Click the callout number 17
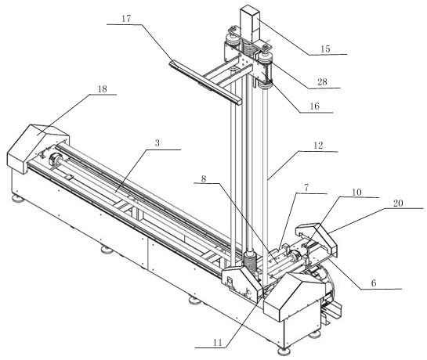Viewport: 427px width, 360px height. tap(126, 19)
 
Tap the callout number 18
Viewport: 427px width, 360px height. tap(103, 89)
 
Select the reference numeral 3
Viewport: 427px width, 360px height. tap(157, 143)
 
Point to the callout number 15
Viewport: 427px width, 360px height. tap(325, 49)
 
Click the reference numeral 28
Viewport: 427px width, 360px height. tap(322, 82)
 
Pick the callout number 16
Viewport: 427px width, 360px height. tap(314, 106)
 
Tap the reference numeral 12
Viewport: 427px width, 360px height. tap(318, 146)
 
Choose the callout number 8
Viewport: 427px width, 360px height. tap(204, 178)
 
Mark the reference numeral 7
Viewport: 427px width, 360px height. tap(306, 188)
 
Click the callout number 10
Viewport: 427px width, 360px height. tap(356, 193)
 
